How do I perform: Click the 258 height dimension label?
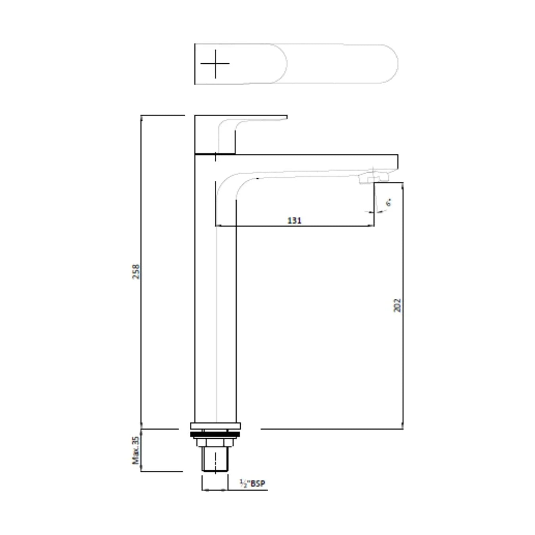(136, 271)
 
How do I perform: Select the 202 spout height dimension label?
(397, 305)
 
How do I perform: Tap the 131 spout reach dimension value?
(294, 220)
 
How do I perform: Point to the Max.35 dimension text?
(136, 450)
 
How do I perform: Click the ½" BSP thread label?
(252, 483)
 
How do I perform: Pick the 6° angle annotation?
(388, 203)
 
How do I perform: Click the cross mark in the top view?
(215, 64)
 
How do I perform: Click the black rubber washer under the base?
(215, 435)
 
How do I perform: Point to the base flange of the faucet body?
(215, 426)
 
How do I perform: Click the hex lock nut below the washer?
(215, 441)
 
